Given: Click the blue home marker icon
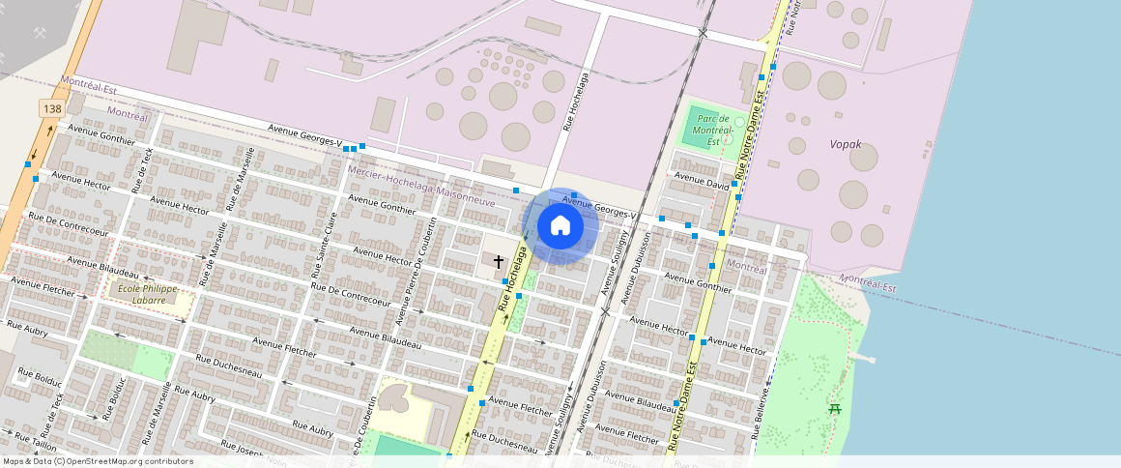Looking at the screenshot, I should tap(560, 226).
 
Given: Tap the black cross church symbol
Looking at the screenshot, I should tap(499, 261).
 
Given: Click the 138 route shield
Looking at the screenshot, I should tap(52, 108).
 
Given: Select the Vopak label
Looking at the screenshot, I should tap(846, 145).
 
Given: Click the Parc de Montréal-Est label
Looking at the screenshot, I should tap(716, 131).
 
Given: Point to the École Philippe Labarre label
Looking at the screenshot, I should tap(148, 293).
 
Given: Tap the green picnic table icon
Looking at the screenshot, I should tap(835, 408).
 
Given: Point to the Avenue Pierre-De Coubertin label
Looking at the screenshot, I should tap(422, 260).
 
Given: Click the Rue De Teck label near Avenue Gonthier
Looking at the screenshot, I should tap(142, 169).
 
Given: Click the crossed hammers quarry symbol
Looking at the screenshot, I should tap(40, 33).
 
